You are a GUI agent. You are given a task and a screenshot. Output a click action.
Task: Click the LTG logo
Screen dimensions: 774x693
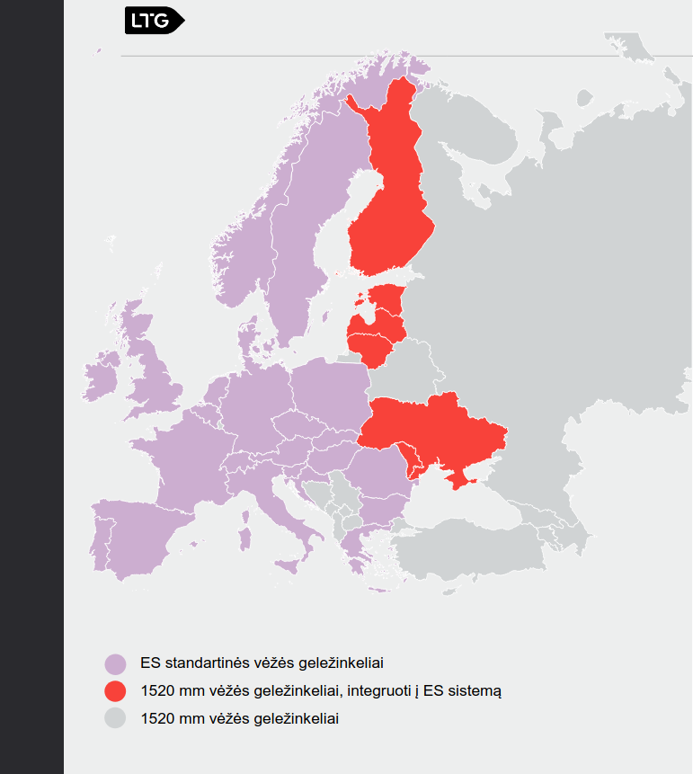click(x=153, y=21)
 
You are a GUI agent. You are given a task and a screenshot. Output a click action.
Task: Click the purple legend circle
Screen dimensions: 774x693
click(x=115, y=664)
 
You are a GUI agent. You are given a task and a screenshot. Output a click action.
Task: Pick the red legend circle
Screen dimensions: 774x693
click(x=115, y=691)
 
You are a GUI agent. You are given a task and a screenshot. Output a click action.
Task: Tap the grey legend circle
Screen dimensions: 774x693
click(x=115, y=718)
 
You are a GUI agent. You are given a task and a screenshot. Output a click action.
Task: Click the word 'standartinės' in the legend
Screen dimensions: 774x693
click(x=202, y=664)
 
